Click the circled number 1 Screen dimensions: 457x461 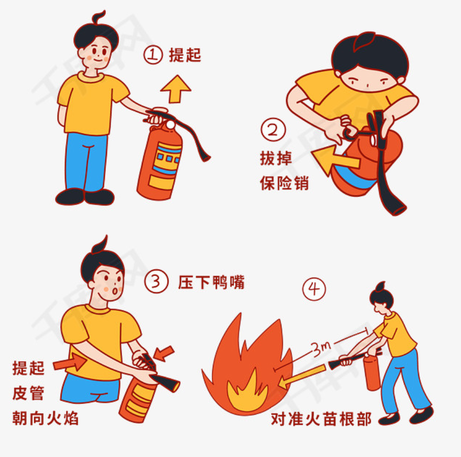(x=153, y=55)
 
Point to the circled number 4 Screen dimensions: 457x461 (x=314, y=289)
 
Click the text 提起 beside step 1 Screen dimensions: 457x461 (x=185, y=55)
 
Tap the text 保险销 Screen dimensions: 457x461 (x=284, y=183)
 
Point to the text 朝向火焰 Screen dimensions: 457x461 (x=45, y=418)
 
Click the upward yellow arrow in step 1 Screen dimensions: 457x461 (x=176, y=88)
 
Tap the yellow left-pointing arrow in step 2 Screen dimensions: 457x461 (x=334, y=160)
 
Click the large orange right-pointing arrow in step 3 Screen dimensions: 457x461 (x=70, y=361)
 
